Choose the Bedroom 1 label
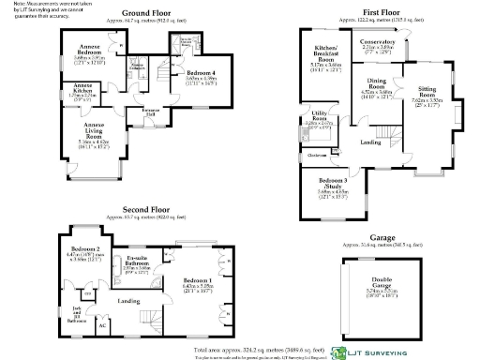pyautogui.click(x=197, y=284)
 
